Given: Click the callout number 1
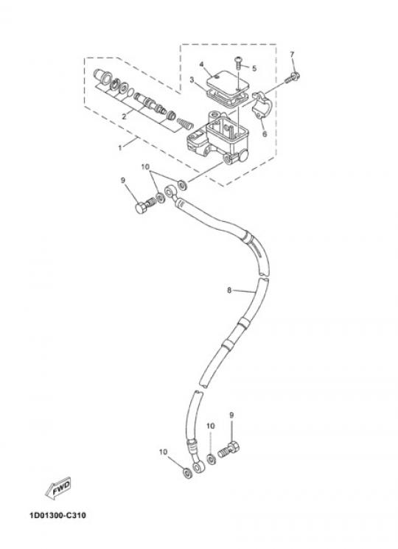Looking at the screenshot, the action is tap(120, 148).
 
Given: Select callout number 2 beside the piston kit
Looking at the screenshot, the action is tap(125, 116).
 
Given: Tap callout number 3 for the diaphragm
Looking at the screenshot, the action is tap(192, 80).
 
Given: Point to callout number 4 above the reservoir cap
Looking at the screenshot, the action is tap(202, 64).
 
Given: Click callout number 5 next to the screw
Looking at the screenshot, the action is tap(254, 68).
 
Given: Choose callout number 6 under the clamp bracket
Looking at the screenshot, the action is tap(265, 133).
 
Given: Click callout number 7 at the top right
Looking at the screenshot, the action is tap(293, 55).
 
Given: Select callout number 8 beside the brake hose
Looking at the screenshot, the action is tap(229, 290).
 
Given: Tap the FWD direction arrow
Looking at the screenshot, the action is tap(58, 488).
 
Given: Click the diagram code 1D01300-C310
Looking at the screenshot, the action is tap(57, 515).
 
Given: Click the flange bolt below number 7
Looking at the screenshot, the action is tap(292, 77).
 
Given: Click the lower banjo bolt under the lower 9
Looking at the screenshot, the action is tap(230, 450).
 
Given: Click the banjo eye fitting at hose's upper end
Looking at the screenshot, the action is tap(170, 192).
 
